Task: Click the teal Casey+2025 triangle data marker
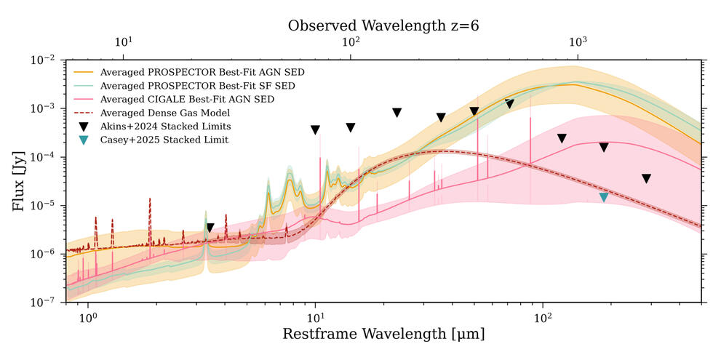click(603, 197)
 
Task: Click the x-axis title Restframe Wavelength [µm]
click(383, 335)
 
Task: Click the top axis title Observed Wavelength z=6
click(383, 25)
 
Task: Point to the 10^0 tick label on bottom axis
click(88, 317)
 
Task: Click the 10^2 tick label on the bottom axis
click(542, 317)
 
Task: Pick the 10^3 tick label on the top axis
click(578, 44)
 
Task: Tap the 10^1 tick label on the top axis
click(123, 44)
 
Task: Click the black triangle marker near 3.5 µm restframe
click(210, 228)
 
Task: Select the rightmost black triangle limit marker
click(646, 179)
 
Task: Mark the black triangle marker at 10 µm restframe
click(315, 130)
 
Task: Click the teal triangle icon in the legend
click(84, 140)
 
